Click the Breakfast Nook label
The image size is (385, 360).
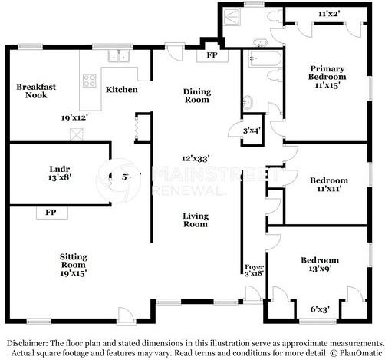pyautogui.click(x=36, y=91)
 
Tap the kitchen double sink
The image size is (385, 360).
pyautogui.click(x=119, y=56)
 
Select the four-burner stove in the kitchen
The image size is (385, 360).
pyautogui.click(x=90, y=81)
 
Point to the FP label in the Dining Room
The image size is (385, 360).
pyautogui.click(x=212, y=55)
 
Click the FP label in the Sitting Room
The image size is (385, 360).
pyautogui.click(x=51, y=212)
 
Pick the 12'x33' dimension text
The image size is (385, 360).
pyautogui.click(x=196, y=159)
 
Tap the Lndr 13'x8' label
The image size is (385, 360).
pyautogui.click(x=60, y=173)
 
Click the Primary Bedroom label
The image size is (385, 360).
pyautogui.click(x=327, y=77)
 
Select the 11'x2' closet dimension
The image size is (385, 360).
pyautogui.click(x=329, y=14)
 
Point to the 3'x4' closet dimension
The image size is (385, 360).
pyautogui.click(x=252, y=130)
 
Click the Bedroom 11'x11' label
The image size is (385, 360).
pyautogui.click(x=329, y=184)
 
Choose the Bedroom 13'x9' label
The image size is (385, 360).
pyautogui.click(x=320, y=264)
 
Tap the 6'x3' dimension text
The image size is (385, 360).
pyautogui.click(x=320, y=309)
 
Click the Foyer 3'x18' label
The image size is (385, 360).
pyautogui.click(x=254, y=270)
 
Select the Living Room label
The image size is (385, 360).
pyautogui.click(x=196, y=220)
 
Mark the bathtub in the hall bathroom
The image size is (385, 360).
pyautogui.click(x=265, y=58)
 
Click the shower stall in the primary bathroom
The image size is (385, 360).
pyautogui.click(x=232, y=17)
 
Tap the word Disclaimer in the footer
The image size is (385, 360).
pyautogui.click(x=28, y=343)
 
